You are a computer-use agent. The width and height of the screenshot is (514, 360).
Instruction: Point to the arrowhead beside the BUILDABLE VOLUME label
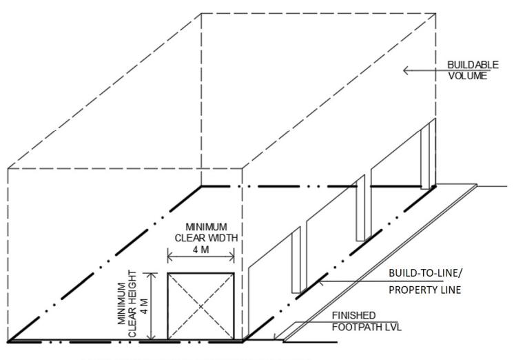(x=406, y=70)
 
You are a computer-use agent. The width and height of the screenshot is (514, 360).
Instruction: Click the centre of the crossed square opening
(x=201, y=306)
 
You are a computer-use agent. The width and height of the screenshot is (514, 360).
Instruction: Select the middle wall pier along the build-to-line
(x=360, y=207)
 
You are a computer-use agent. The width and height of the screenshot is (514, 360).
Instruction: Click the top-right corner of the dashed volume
(x=435, y=12)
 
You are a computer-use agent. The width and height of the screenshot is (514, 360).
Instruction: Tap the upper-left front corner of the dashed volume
(x=8, y=168)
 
